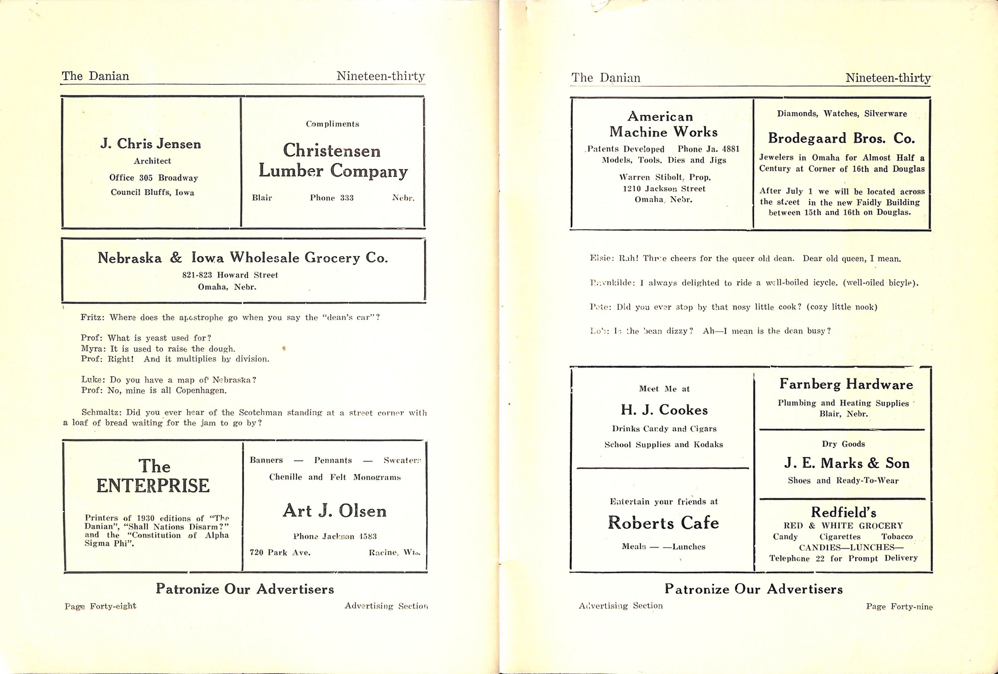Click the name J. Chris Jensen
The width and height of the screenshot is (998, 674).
pos(151,144)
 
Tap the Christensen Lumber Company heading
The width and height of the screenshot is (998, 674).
pos(332,161)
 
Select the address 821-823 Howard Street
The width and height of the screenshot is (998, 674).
pos(230,275)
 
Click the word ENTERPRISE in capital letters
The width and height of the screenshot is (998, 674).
pos(153,486)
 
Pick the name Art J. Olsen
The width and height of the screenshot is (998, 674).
pos(334,511)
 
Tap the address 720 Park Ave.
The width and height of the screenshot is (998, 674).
pos(280,553)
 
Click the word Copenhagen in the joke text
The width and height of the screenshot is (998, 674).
pos(201,391)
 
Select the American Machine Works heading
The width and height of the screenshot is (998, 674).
pos(663,124)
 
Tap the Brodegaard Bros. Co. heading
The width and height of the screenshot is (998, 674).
pos(841,138)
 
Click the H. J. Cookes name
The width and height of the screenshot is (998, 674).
pos(664,410)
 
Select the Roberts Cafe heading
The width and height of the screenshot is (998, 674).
pos(663,523)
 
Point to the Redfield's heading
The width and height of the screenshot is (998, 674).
pos(843,512)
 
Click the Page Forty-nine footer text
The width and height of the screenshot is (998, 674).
pos(899,607)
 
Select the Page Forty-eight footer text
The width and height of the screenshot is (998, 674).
pos(100,606)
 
